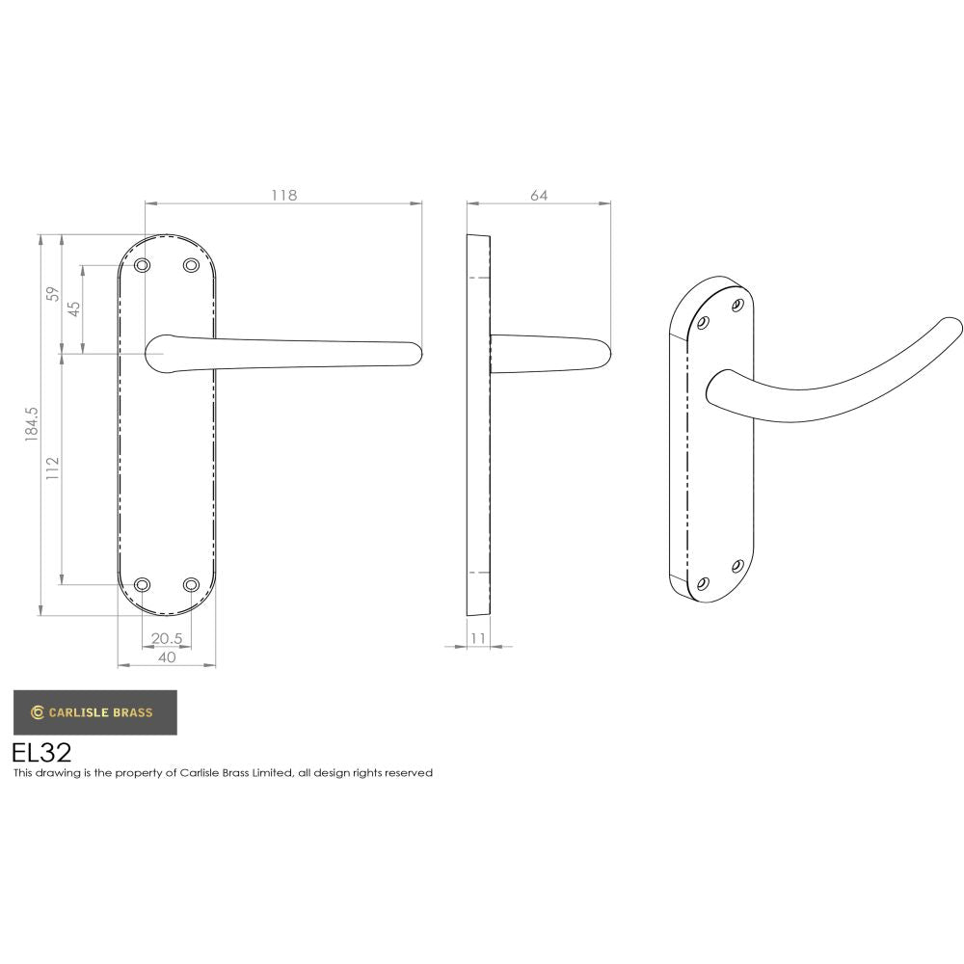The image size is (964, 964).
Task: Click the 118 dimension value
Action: (283, 195)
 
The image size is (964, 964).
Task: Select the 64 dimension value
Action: (539, 195)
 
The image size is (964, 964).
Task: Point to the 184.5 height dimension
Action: (31, 424)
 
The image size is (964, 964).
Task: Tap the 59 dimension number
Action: (54, 293)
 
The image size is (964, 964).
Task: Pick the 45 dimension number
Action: (73, 309)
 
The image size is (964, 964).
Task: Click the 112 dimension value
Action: (53, 469)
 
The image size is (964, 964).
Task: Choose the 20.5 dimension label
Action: (167, 638)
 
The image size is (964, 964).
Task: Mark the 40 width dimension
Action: (167, 657)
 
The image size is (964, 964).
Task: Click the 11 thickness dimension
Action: (479, 638)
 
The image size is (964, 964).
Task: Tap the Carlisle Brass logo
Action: (94, 712)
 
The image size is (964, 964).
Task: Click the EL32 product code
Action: (41, 752)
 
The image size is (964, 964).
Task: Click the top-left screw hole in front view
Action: (143, 265)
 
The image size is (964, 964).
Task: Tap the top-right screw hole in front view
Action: (191, 265)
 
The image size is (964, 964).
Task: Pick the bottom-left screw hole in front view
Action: (143, 584)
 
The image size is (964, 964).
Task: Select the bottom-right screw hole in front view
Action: (191, 584)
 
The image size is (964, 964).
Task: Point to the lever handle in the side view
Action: (549, 354)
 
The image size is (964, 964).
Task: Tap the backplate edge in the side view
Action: (478, 424)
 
